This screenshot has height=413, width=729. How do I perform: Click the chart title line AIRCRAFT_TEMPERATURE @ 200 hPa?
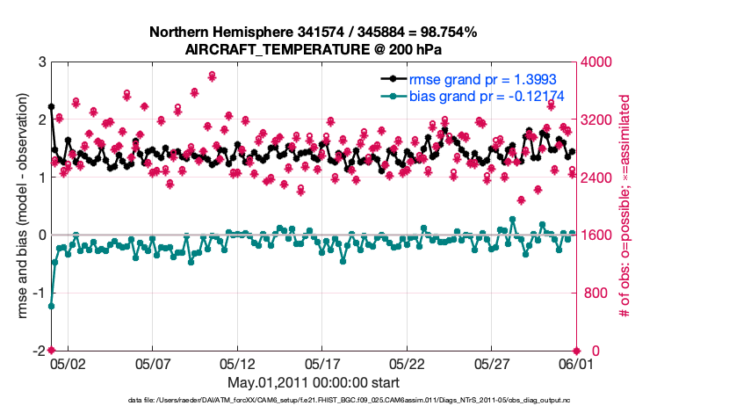click(313, 49)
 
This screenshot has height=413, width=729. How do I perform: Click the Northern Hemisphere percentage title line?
click(313, 33)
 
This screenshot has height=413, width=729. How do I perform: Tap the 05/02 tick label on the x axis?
click(68, 363)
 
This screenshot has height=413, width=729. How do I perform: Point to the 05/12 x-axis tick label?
click(237, 363)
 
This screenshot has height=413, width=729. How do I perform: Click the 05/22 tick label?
click(408, 363)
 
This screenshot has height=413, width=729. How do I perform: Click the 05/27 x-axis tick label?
click(492, 363)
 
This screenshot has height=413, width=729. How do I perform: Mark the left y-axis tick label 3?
click(41, 62)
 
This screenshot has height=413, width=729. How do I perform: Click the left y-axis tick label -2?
click(39, 351)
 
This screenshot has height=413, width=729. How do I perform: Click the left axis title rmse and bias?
click(24, 206)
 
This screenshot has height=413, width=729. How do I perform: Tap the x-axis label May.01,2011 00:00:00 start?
click(313, 382)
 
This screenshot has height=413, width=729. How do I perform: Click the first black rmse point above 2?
click(51, 106)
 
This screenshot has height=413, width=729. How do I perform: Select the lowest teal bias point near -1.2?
click(51, 307)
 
